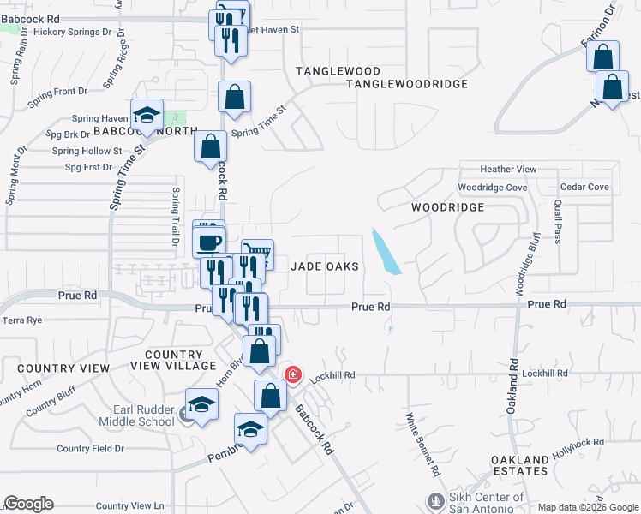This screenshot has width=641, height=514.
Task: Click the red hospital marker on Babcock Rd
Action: [x=292, y=374]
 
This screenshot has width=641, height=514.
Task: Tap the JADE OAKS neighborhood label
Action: [x=324, y=266]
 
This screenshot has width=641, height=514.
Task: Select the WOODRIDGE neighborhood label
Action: [x=446, y=207]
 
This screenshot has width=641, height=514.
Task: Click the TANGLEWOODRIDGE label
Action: [x=407, y=84]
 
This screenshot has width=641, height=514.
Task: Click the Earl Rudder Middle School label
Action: [x=133, y=415]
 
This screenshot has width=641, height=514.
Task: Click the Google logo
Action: [x=28, y=504]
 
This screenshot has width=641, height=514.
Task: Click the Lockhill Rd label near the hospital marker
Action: [x=332, y=375]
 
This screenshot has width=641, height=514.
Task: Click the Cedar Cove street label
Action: [x=584, y=187]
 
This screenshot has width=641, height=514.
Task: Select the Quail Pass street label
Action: [x=557, y=222]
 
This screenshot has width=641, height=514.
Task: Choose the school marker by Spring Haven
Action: [x=147, y=115]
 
